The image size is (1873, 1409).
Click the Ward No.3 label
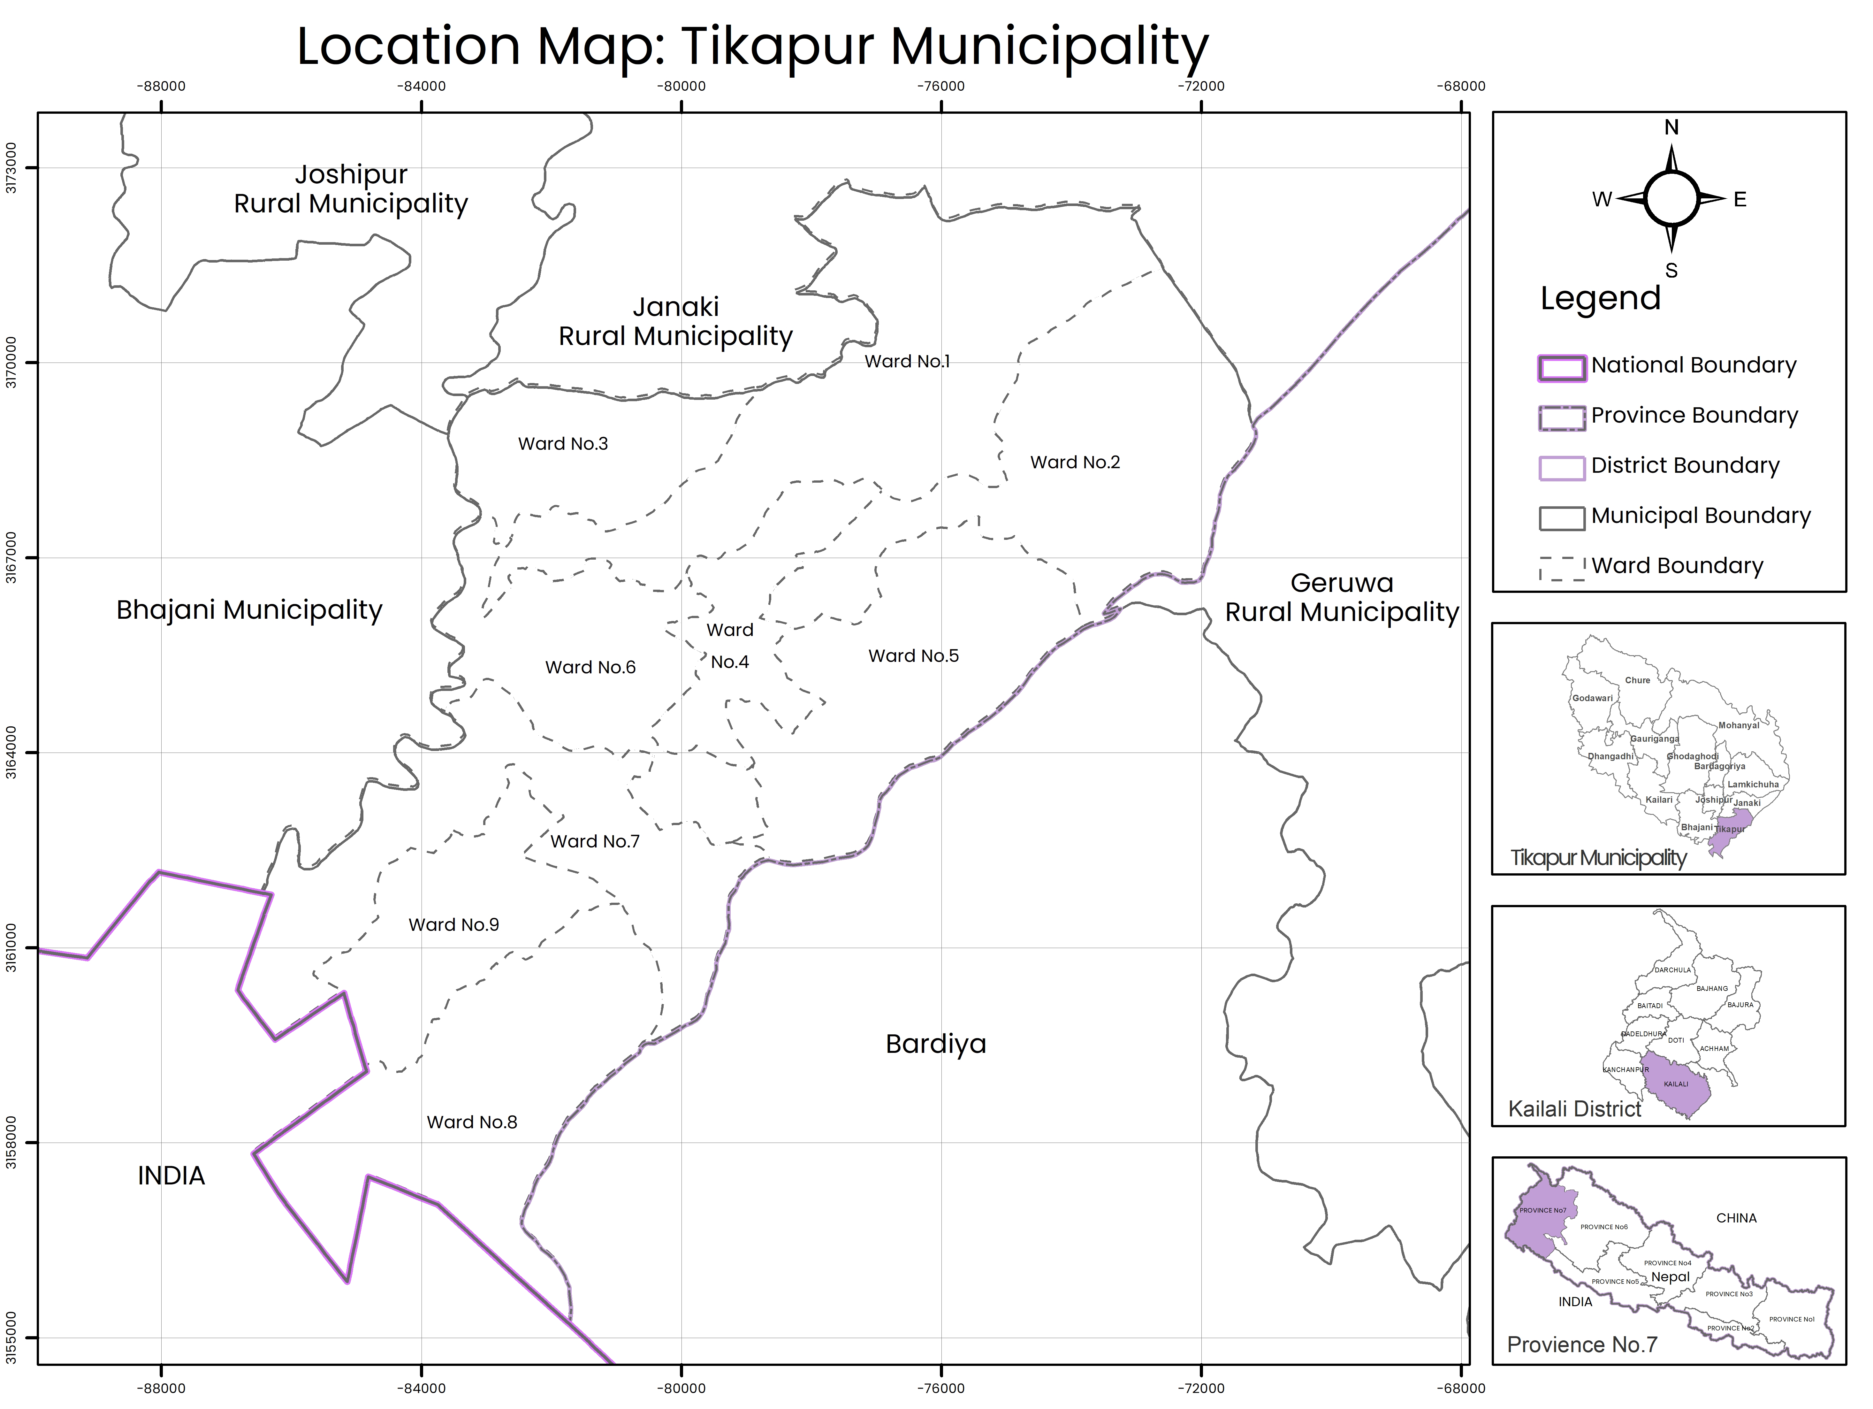click(x=563, y=444)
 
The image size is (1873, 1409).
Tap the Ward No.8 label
click(x=472, y=1122)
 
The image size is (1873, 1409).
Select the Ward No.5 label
click(x=914, y=656)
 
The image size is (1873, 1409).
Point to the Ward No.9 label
click(x=454, y=925)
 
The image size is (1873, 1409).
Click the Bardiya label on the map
click(x=936, y=1044)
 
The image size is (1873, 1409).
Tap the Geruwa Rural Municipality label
click(x=1342, y=598)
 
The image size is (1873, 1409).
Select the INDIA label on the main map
click(x=171, y=1176)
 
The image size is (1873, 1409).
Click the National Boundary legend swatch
click(x=1561, y=367)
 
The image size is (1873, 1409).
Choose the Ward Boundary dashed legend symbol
click(x=1561, y=568)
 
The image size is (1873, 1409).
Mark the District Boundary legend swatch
click(x=1561, y=468)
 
